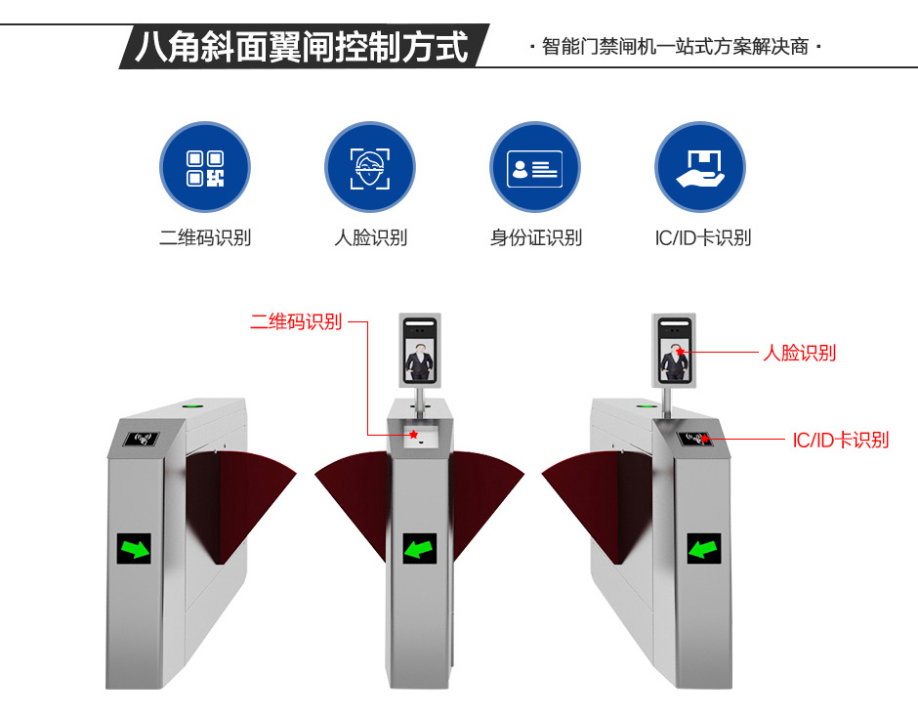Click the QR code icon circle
coord(205,167)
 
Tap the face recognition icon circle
coord(370,167)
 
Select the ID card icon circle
coord(535,167)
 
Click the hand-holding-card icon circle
coord(700,167)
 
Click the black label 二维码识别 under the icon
coord(205,237)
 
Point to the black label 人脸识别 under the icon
coord(370,237)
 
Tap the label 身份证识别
coord(536,237)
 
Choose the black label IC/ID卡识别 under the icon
coord(702,237)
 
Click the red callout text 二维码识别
coord(296,321)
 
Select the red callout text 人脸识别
coord(799,353)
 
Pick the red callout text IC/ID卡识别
coord(841,440)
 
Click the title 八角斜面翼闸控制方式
coord(302,46)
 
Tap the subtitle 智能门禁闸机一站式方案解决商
coord(675,46)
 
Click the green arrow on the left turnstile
coord(134,549)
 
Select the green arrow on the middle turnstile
coord(419,549)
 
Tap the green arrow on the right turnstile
coord(704,549)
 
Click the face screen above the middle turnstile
coord(420,351)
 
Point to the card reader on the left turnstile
coord(141,439)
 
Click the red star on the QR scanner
coord(413,435)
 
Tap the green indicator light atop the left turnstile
coord(190,404)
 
